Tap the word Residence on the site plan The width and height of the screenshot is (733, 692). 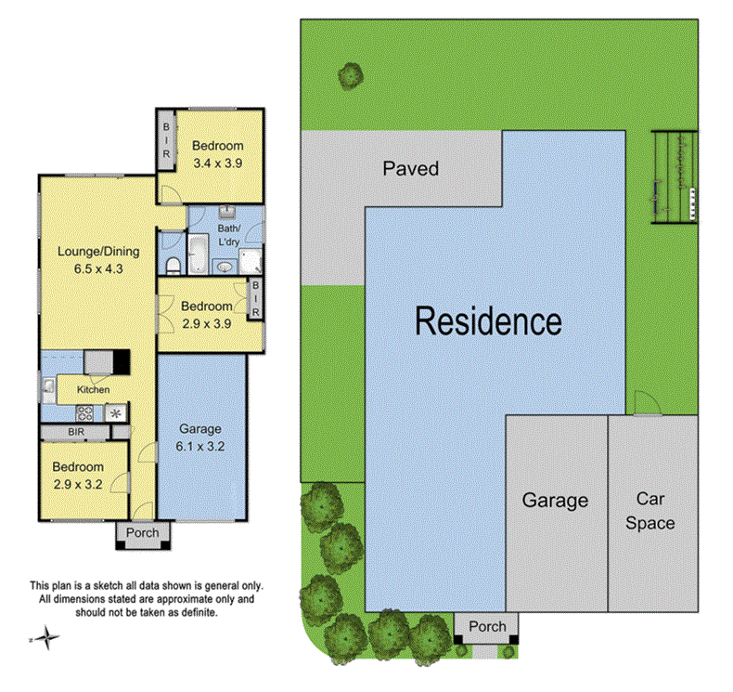pos(487,321)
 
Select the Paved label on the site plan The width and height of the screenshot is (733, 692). pos(410,169)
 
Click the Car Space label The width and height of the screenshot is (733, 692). pos(649,511)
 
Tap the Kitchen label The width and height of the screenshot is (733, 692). pos(93,389)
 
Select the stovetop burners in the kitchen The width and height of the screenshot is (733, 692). pos(84,413)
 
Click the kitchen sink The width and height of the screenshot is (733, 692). pos(46,386)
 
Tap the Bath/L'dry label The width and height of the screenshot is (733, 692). pos(228,235)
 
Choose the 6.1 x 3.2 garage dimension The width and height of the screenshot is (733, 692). pos(200,445)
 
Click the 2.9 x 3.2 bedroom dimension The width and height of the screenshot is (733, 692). pos(78,484)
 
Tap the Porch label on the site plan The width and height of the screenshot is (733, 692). pos(487,626)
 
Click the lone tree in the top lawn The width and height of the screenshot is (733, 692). pos(351,74)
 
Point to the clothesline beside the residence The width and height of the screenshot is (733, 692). pos(674,176)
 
